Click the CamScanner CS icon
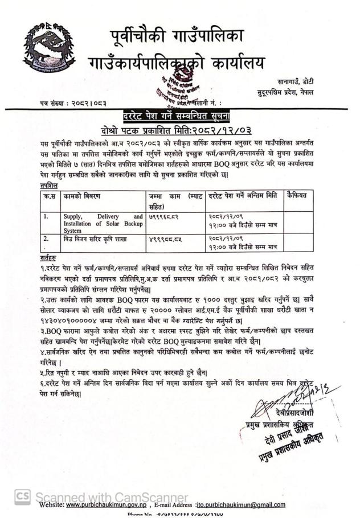[x=23, y=497]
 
